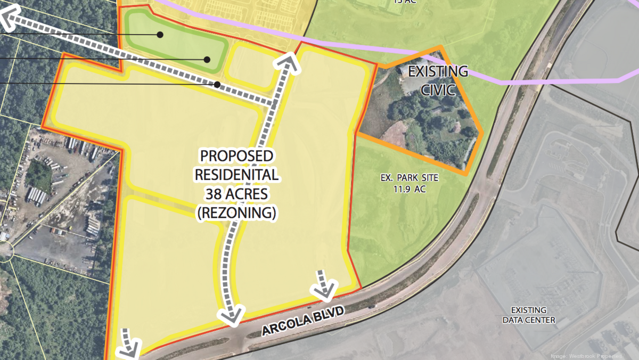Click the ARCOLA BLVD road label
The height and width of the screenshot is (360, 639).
coord(302,321)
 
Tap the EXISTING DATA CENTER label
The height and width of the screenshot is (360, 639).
coord(529,315)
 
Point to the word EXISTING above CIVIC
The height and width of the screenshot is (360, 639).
coord(437,71)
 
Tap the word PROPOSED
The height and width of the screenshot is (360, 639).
coord(236,157)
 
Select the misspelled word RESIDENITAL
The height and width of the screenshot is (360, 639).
coord(236,175)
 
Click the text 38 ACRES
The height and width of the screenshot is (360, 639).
coord(236,194)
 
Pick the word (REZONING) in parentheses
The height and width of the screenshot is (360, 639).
coord(236,213)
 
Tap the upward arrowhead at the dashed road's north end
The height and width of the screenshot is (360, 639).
coord(286,62)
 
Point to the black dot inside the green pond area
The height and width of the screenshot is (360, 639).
coord(160,35)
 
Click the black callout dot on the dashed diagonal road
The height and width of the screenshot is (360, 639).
coord(217,84)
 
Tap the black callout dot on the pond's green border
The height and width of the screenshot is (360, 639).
coord(207,59)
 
